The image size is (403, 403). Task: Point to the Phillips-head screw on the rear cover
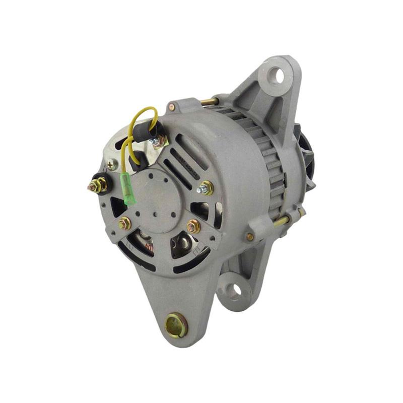pos(111,164)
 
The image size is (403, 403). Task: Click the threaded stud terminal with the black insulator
pos(98,185)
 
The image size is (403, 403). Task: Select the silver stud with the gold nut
pos(206,188)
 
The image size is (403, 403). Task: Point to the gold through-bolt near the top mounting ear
pos(209,102)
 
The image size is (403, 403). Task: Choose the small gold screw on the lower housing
pos(249,236)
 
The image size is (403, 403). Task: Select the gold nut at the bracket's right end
pos(193,227)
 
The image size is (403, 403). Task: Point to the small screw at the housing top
pos(172,107)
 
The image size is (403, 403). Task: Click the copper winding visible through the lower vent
pos(148,247)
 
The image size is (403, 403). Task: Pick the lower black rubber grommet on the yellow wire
pos(139,161)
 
